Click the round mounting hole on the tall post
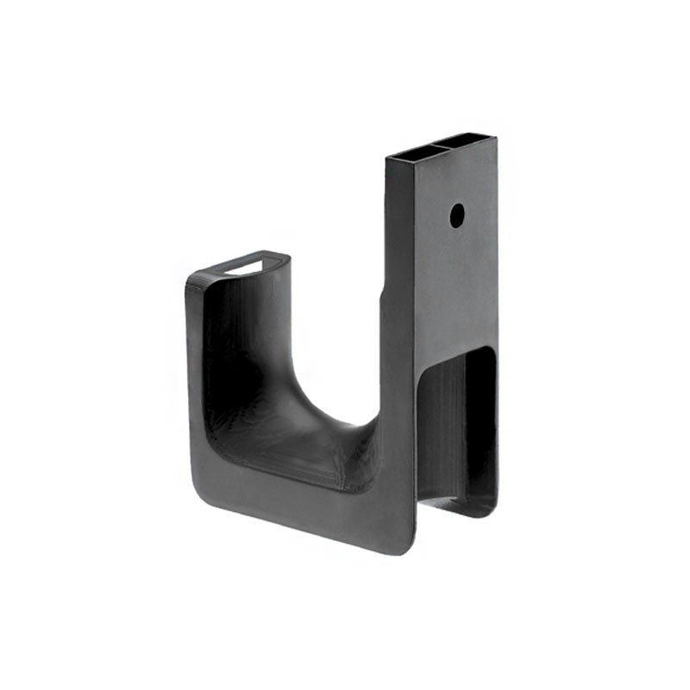(457, 215)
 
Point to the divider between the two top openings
(439, 146)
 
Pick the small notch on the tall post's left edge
(382, 298)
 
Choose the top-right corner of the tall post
(495, 136)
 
